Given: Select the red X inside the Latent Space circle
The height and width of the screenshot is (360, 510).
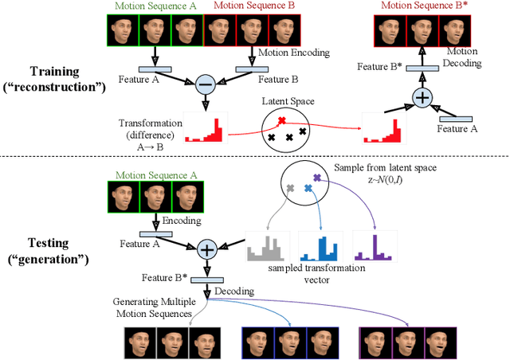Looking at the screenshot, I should point(280,121).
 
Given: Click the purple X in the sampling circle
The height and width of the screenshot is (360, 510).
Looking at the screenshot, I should point(317,178).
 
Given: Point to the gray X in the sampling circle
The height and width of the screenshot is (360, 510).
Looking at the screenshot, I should point(289,189).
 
